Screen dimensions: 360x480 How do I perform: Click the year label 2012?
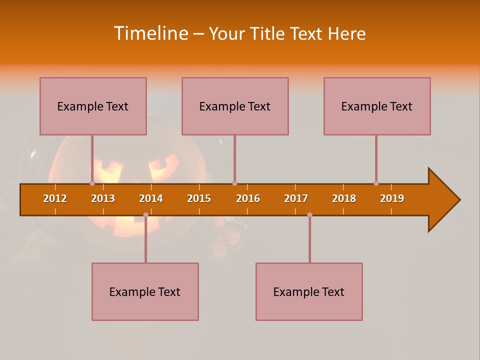point(55,198)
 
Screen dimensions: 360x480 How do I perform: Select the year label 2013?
point(103,198)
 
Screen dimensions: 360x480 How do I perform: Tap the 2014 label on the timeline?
point(151,198)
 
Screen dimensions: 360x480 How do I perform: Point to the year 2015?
point(199,198)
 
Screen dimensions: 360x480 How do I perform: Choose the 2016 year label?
point(248,198)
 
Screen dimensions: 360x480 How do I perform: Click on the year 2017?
point(296,198)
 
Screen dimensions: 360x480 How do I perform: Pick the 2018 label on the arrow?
point(344,198)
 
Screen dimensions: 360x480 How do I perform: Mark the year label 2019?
point(392,198)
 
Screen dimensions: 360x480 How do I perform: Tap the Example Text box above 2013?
point(93,106)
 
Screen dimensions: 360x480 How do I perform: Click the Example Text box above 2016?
point(235,106)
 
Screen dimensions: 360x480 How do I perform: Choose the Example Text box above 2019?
point(377,106)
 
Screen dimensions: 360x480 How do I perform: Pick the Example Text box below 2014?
point(145,291)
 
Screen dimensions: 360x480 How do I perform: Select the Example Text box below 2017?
point(309,291)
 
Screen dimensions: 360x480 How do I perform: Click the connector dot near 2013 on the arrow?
point(92,183)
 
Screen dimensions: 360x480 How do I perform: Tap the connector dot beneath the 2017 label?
point(309,215)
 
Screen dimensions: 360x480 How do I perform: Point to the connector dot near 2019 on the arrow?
point(376,183)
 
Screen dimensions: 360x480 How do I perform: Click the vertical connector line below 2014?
point(145,240)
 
